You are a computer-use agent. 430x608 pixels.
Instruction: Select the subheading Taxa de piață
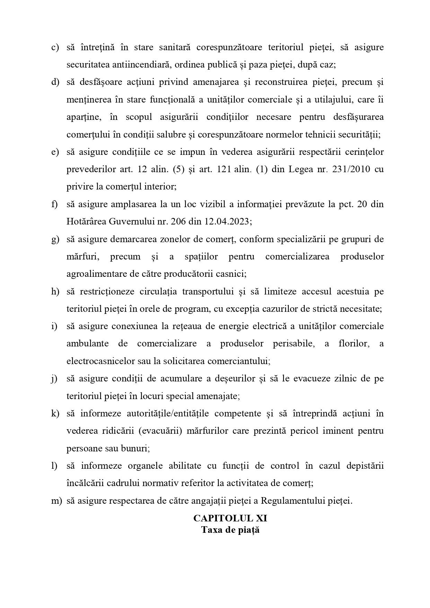coord(230,530)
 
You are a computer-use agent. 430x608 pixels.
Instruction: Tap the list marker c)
coord(55,47)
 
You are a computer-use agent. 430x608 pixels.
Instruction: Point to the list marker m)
coord(56,501)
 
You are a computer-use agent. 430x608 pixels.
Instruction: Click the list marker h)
coord(55,292)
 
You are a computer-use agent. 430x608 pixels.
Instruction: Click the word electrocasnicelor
coord(100,361)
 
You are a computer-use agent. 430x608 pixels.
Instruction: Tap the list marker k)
coord(55,414)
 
